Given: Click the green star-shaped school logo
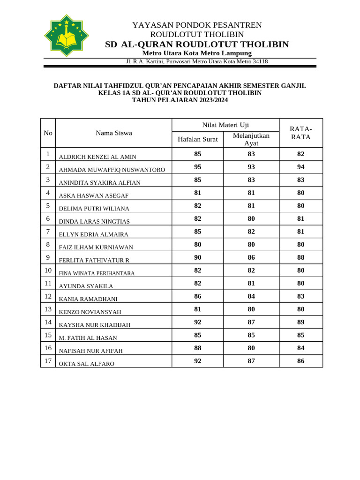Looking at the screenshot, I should [66, 36].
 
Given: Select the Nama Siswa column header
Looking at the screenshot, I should [113, 133].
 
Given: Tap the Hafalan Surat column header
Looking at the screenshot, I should [197, 139].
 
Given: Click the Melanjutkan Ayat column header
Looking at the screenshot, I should [251, 139].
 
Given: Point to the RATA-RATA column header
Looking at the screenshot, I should [300, 133].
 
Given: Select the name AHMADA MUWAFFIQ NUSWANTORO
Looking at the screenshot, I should [112, 170].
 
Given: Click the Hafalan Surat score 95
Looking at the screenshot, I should [197, 167].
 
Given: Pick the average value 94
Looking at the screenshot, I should [300, 167].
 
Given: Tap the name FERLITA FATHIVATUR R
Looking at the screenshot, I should [94, 260].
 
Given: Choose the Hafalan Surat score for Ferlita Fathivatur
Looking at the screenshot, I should [197, 257].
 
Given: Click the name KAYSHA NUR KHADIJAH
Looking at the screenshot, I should [94, 325].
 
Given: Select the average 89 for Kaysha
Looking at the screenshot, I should [300, 322].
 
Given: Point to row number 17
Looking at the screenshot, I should [48, 360].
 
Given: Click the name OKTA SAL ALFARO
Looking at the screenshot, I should [86, 364].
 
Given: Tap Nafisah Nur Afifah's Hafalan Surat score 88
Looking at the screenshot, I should [197, 348].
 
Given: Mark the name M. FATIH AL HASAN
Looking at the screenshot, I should [88, 338].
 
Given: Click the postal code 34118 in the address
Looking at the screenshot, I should [260, 61].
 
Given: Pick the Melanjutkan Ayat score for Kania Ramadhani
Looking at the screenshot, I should [251, 296].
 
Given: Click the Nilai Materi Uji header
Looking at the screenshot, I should [225, 125].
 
